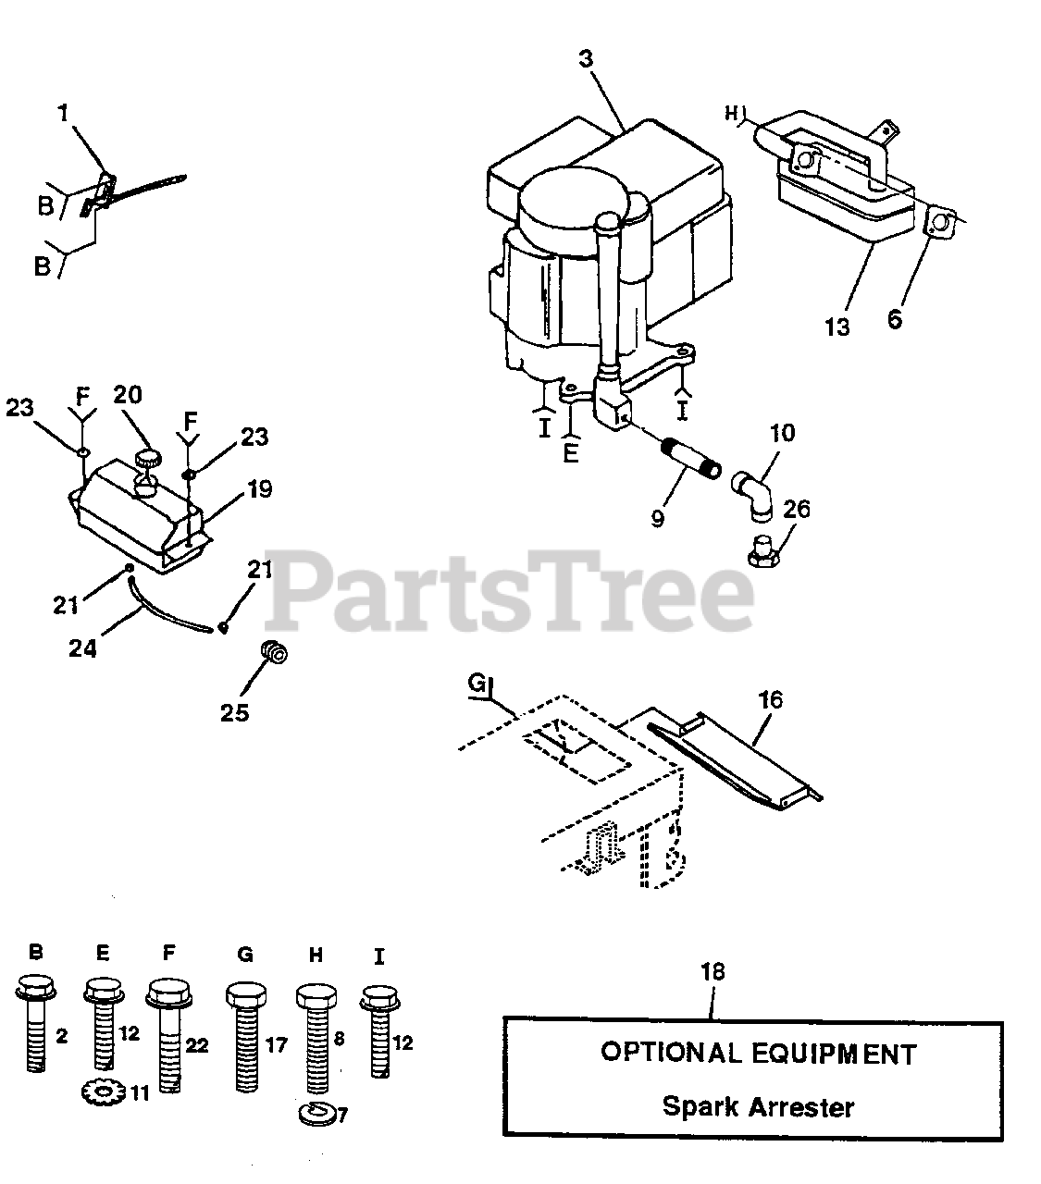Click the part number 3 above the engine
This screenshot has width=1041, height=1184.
click(587, 58)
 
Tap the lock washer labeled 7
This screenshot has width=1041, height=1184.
click(317, 1112)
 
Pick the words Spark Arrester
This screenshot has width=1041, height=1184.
click(758, 1106)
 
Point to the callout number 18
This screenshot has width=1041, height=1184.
click(713, 971)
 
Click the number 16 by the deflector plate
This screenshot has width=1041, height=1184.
click(771, 700)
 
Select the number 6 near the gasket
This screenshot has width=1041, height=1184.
click(895, 319)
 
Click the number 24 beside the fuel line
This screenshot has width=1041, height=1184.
click(82, 648)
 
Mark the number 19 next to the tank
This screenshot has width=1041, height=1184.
click(260, 488)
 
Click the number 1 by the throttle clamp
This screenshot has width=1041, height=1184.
click(63, 113)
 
